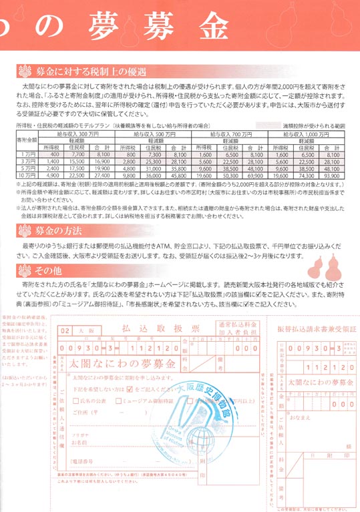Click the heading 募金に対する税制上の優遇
89,71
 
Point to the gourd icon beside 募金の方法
25,230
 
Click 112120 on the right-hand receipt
328,367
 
